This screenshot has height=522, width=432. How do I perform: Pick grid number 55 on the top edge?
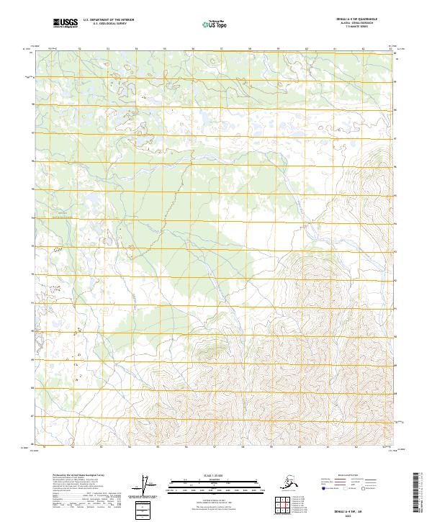point(165,48)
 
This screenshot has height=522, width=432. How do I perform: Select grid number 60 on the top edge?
point(307,48)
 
